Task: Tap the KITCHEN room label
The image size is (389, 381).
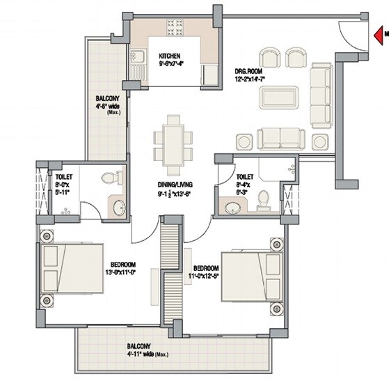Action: click(x=170, y=56)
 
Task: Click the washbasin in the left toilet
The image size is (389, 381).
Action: click(x=119, y=207)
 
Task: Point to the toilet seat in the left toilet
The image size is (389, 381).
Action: click(x=110, y=178)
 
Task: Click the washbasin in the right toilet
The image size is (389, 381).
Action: click(x=230, y=205)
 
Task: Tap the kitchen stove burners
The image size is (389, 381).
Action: click(x=173, y=28)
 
